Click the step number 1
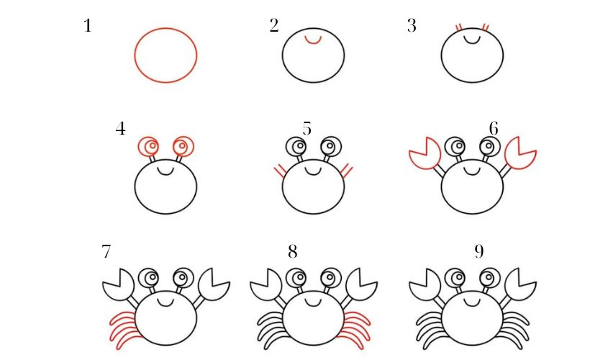88,28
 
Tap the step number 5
307,130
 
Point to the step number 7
106,252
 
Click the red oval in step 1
165,55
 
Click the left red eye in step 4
150,147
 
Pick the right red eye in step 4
182,147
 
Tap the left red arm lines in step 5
278,171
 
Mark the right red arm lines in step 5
347,171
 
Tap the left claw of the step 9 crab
425,284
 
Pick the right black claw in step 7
214,284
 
